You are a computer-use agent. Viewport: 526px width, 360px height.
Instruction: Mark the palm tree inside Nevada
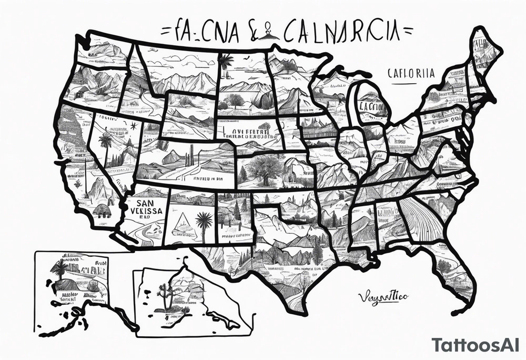pos(106,143)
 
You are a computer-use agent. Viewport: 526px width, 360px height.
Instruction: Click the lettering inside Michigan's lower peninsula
pos(372,105)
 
